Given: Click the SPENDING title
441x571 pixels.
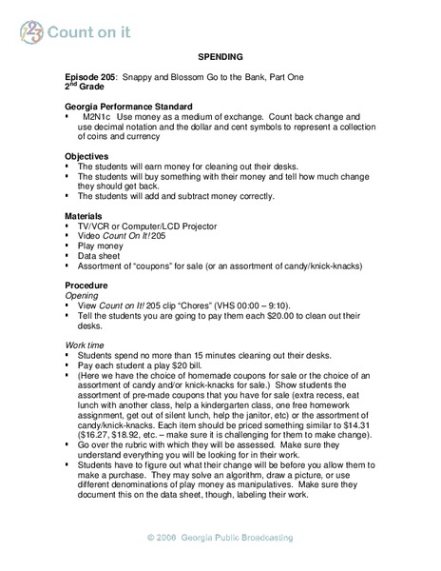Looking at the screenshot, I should (220, 56).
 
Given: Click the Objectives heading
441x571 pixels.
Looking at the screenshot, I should (86, 155).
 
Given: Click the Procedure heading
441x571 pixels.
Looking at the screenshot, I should (86, 284).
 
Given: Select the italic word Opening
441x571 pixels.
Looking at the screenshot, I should (82, 294).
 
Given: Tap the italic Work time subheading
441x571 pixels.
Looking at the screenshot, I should (86, 344).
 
